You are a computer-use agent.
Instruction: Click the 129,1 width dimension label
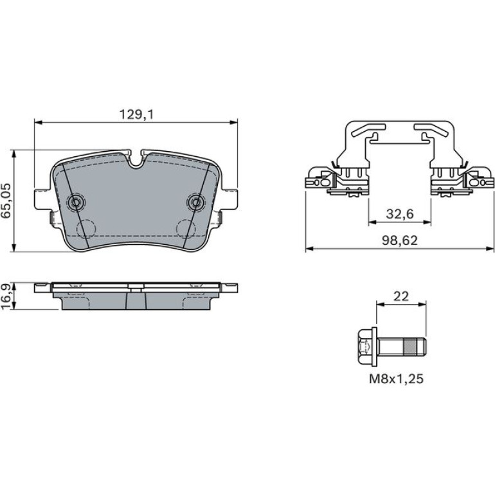[x=136, y=114]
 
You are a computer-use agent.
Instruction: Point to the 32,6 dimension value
[x=400, y=214]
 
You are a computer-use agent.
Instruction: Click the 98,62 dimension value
[x=400, y=240]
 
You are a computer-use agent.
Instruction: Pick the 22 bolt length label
[x=401, y=296]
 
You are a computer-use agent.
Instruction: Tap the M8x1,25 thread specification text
[x=396, y=379]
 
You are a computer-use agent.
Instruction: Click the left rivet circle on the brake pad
[x=76, y=202]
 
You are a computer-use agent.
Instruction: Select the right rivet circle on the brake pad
[x=196, y=202]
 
